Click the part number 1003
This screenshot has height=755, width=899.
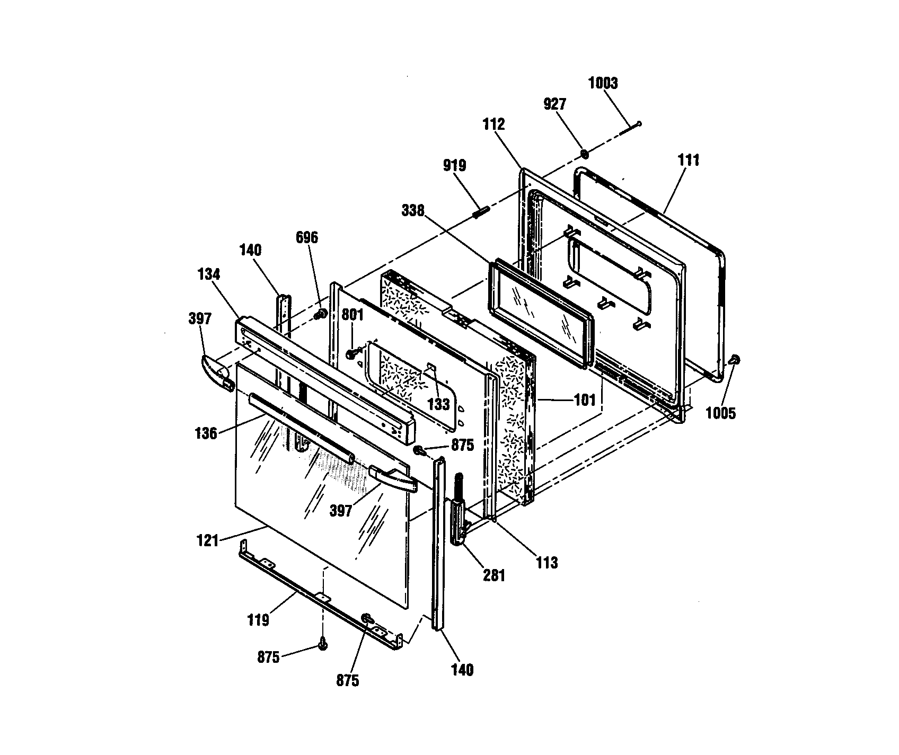point(603,83)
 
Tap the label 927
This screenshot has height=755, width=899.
point(555,104)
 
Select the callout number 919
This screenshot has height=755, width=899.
point(455,166)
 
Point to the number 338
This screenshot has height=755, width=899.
point(413,211)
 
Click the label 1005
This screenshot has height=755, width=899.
point(721,413)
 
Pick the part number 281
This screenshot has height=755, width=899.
point(493,575)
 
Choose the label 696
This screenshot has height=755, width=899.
point(307,238)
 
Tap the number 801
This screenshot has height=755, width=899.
point(352,315)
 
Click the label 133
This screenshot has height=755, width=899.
point(439,404)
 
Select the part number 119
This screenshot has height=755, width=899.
point(258,620)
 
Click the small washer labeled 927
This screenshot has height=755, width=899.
point(584,154)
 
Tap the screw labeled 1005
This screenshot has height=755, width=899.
point(734,360)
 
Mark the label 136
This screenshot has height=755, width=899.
point(206,433)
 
